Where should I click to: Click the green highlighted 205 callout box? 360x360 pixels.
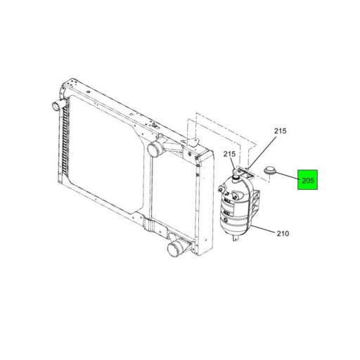pyautogui.click(x=307, y=180)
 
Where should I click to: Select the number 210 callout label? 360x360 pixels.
pyautogui.click(x=283, y=233)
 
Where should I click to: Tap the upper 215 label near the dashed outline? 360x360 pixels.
pyautogui.click(x=281, y=131)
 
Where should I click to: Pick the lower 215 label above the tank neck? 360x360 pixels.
pyautogui.click(x=229, y=154)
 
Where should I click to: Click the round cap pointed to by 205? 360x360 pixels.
pyautogui.click(x=269, y=171)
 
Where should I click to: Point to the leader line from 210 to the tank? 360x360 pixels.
pyautogui.click(x=262, y=229)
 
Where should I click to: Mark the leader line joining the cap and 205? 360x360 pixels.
pyautogui.click(x=288, y=176)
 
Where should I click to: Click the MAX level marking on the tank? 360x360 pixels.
pyautogui.click(x=227, y=200)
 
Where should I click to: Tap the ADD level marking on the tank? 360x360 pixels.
pyautogui.click(x=226, y=212)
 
